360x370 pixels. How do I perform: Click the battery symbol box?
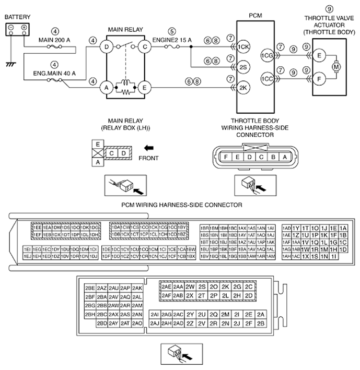coord(17,30)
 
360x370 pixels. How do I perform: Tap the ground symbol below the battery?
coord(9,64)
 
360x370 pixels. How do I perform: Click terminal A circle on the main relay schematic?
coord(107,88)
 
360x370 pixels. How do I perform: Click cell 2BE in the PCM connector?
coord(90,288)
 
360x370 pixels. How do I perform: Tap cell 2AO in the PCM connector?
coord(137,323)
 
